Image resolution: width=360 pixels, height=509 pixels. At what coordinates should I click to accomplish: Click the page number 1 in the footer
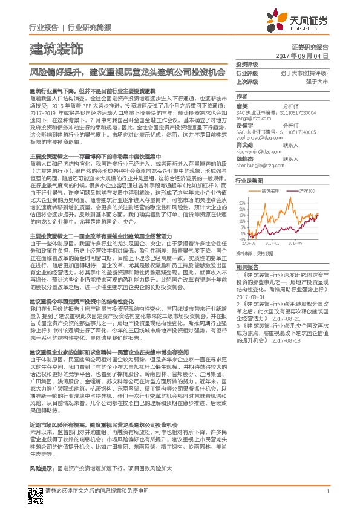pos(327,491)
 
